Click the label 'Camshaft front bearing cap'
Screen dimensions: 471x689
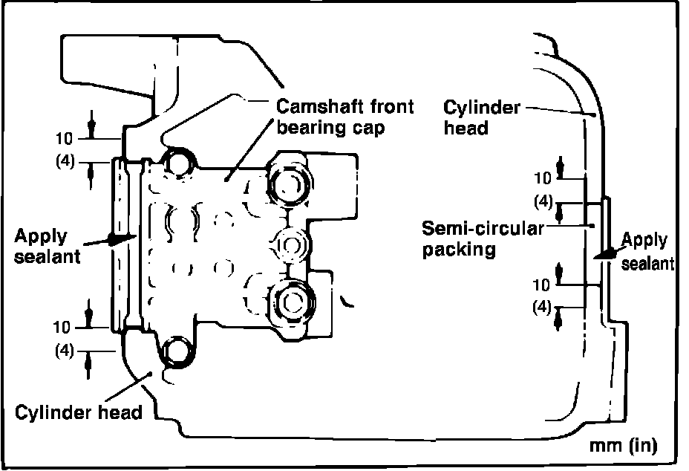345,116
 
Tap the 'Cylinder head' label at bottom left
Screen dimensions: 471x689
79,412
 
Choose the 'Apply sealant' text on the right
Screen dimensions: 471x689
646,251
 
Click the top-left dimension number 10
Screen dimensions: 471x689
66,138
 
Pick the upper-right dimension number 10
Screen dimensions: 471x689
543,178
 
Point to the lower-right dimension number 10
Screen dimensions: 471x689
543,285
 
